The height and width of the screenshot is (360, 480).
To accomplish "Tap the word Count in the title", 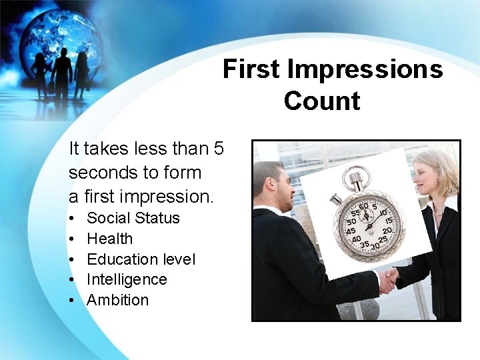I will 321,101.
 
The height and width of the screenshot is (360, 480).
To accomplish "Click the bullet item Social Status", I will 133,218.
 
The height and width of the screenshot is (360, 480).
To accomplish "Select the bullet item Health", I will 110,239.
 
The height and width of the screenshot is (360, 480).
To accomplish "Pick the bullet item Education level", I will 141,259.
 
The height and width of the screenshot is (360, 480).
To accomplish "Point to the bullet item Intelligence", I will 127,279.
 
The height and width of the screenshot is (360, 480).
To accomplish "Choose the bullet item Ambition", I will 118,300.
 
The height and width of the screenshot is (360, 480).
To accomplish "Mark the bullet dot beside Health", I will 71,239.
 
